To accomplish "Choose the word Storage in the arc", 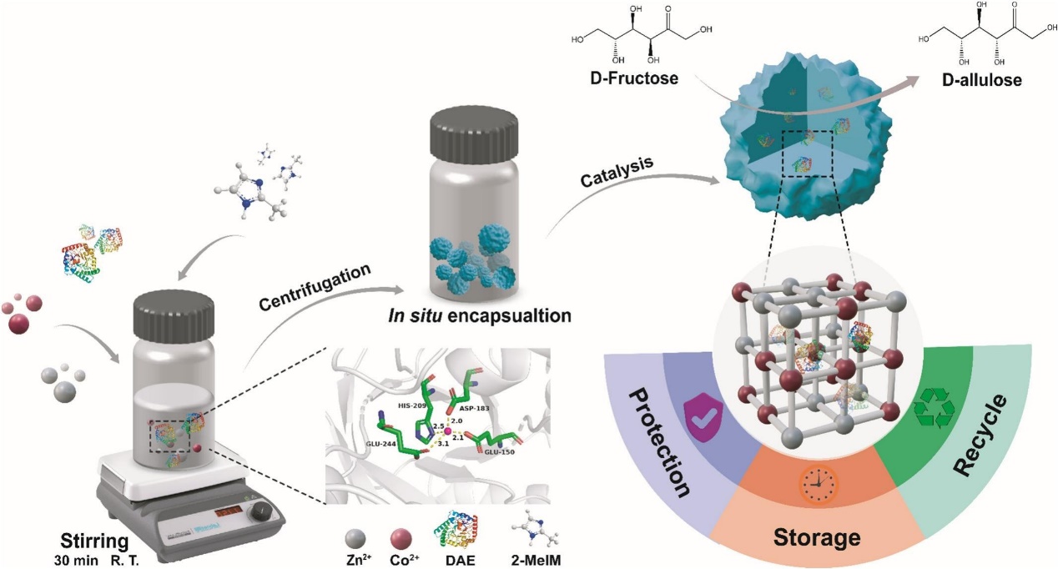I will click(817, 536).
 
